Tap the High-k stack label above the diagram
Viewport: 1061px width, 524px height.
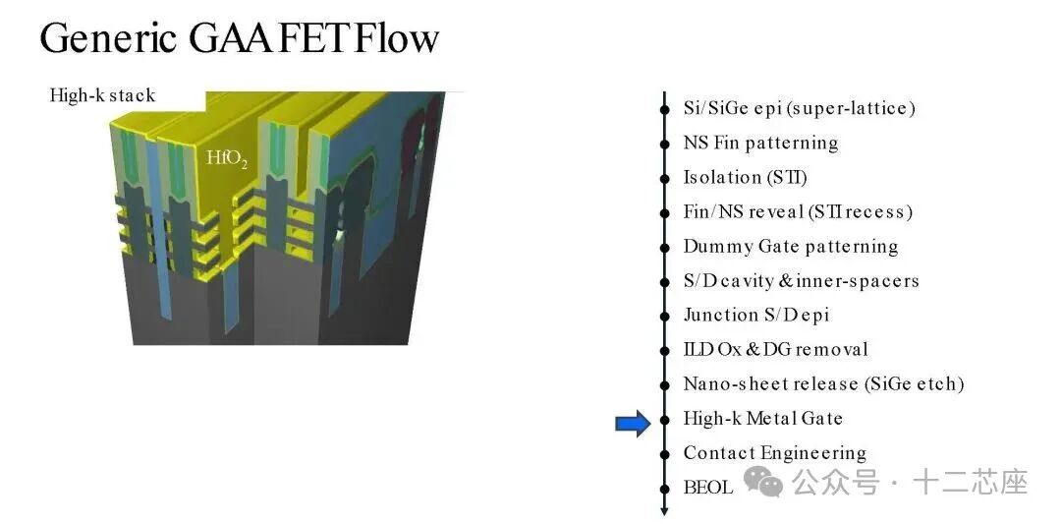point(102,95)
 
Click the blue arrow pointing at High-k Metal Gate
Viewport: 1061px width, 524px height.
point(633,424)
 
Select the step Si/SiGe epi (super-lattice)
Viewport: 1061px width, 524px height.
point(799,108)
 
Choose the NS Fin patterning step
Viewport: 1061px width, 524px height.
point(760,143)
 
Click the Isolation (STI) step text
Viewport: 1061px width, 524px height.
point(745,177)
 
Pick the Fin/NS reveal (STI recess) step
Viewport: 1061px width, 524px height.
point(798,211)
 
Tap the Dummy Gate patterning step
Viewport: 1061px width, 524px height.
point(790,246)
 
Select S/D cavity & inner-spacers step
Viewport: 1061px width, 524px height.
point(801,280)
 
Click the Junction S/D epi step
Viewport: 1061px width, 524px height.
point(755,315)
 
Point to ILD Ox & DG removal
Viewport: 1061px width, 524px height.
point(775,349)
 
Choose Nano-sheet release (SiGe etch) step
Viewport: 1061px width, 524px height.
point(823,383)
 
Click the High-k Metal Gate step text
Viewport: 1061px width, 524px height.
point(762,418)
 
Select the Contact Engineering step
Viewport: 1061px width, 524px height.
point(774,452)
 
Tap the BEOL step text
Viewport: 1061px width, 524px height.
point(707,487)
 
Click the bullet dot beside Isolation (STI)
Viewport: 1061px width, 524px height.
point(665,178)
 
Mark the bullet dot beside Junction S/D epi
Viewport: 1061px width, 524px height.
point(665,316)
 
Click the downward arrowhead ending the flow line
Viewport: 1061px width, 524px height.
point(665,510)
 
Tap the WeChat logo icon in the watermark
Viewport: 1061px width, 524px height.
point(763,481)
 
